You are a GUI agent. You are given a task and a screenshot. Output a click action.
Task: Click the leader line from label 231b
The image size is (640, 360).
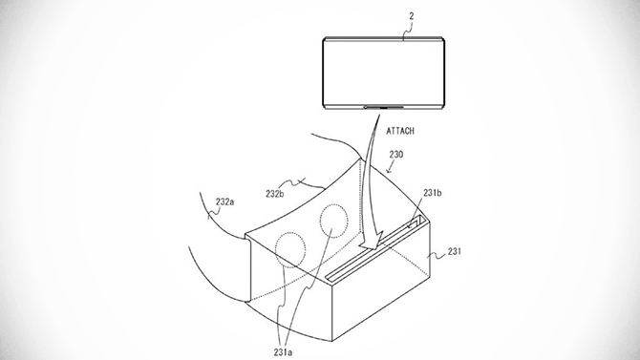pyautogui.click(x=423, y=206)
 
